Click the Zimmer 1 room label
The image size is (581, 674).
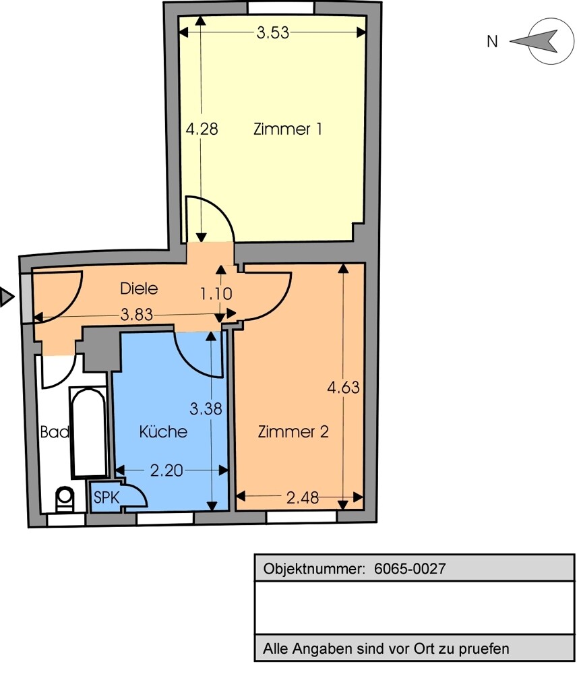click(x=287, y=129)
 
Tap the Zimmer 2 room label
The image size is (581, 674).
click(x=293, y=432)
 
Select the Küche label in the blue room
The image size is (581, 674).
click(x=163, y=432)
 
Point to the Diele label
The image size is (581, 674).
click(x=139, y=288)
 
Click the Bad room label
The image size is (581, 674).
click(x=55, y=432)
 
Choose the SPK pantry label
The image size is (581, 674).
click(x=106, y=498)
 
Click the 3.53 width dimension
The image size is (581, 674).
click(x=273, y=32)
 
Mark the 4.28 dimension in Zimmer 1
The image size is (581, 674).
click(x=202, y=129)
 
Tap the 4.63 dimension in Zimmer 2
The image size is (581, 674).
click(x=343, y=388)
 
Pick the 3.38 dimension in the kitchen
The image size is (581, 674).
click(x=206, y=408)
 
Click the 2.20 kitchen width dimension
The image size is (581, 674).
click(x=166, y=470)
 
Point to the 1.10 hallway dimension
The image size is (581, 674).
click(x=216, y=294)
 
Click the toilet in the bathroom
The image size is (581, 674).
click(x=65, y=499)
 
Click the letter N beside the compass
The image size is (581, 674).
click(x=493, y=42)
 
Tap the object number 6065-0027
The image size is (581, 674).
click(x=410, y=568)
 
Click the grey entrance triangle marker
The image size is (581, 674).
click(x=6, y=297)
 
